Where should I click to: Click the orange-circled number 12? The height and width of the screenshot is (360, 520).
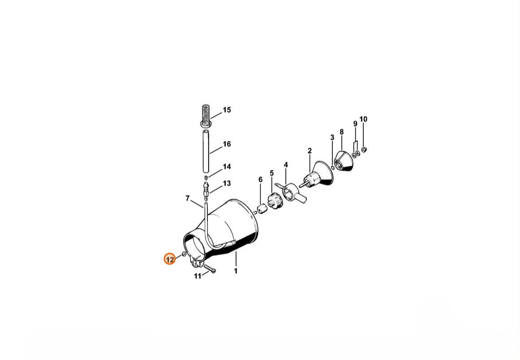coord(169,259)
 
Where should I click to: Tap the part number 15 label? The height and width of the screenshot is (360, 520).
coord(227,110)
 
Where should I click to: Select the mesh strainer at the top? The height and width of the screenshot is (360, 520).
coord(206,116)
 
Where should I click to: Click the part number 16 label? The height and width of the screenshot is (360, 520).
coord(227,144)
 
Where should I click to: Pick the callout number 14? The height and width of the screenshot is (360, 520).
coord(227,167)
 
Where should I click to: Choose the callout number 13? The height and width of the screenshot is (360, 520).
coord(227,184)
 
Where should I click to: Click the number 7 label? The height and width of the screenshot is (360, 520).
coord(188,198)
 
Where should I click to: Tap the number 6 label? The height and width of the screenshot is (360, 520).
coord(260,180)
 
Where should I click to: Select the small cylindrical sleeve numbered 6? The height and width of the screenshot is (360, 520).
coord(262,209)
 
